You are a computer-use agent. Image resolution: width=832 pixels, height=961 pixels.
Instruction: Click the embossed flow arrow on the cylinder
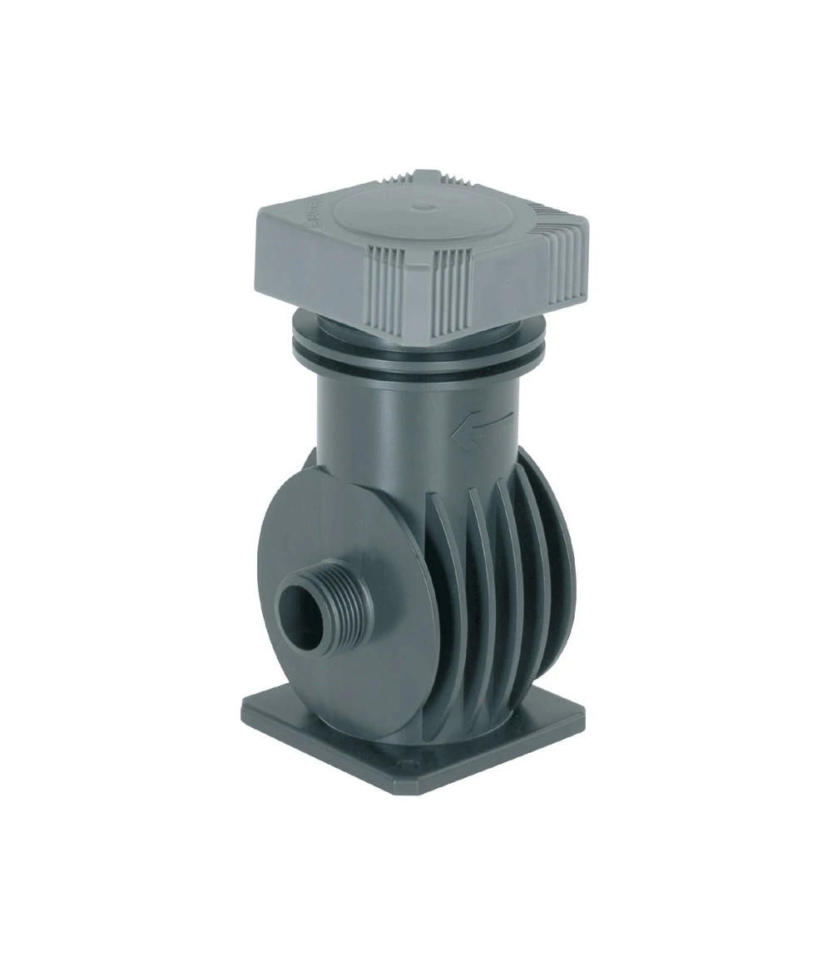point(478,428)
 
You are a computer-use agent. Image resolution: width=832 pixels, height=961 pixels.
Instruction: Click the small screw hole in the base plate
point(406,762)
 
